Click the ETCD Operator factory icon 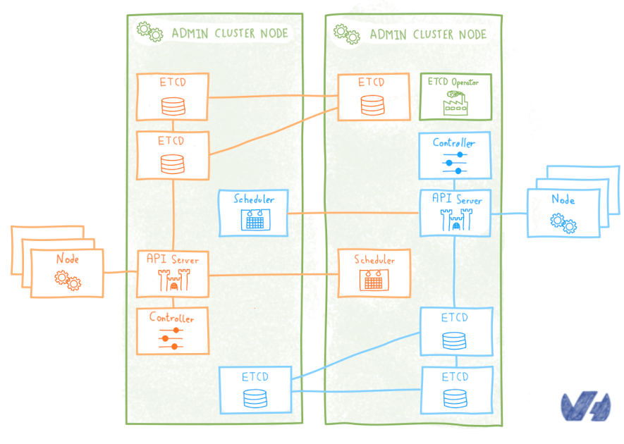point(455,104)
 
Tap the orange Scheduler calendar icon point(373,280)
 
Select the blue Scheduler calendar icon point(253,220)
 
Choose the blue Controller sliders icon point(454,162)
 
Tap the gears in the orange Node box point(68,280)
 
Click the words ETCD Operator point(453,82)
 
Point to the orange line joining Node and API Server point(120,272)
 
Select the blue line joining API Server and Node point(510,213)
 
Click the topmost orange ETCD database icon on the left point(173,106)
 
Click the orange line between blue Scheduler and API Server point(353,213)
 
